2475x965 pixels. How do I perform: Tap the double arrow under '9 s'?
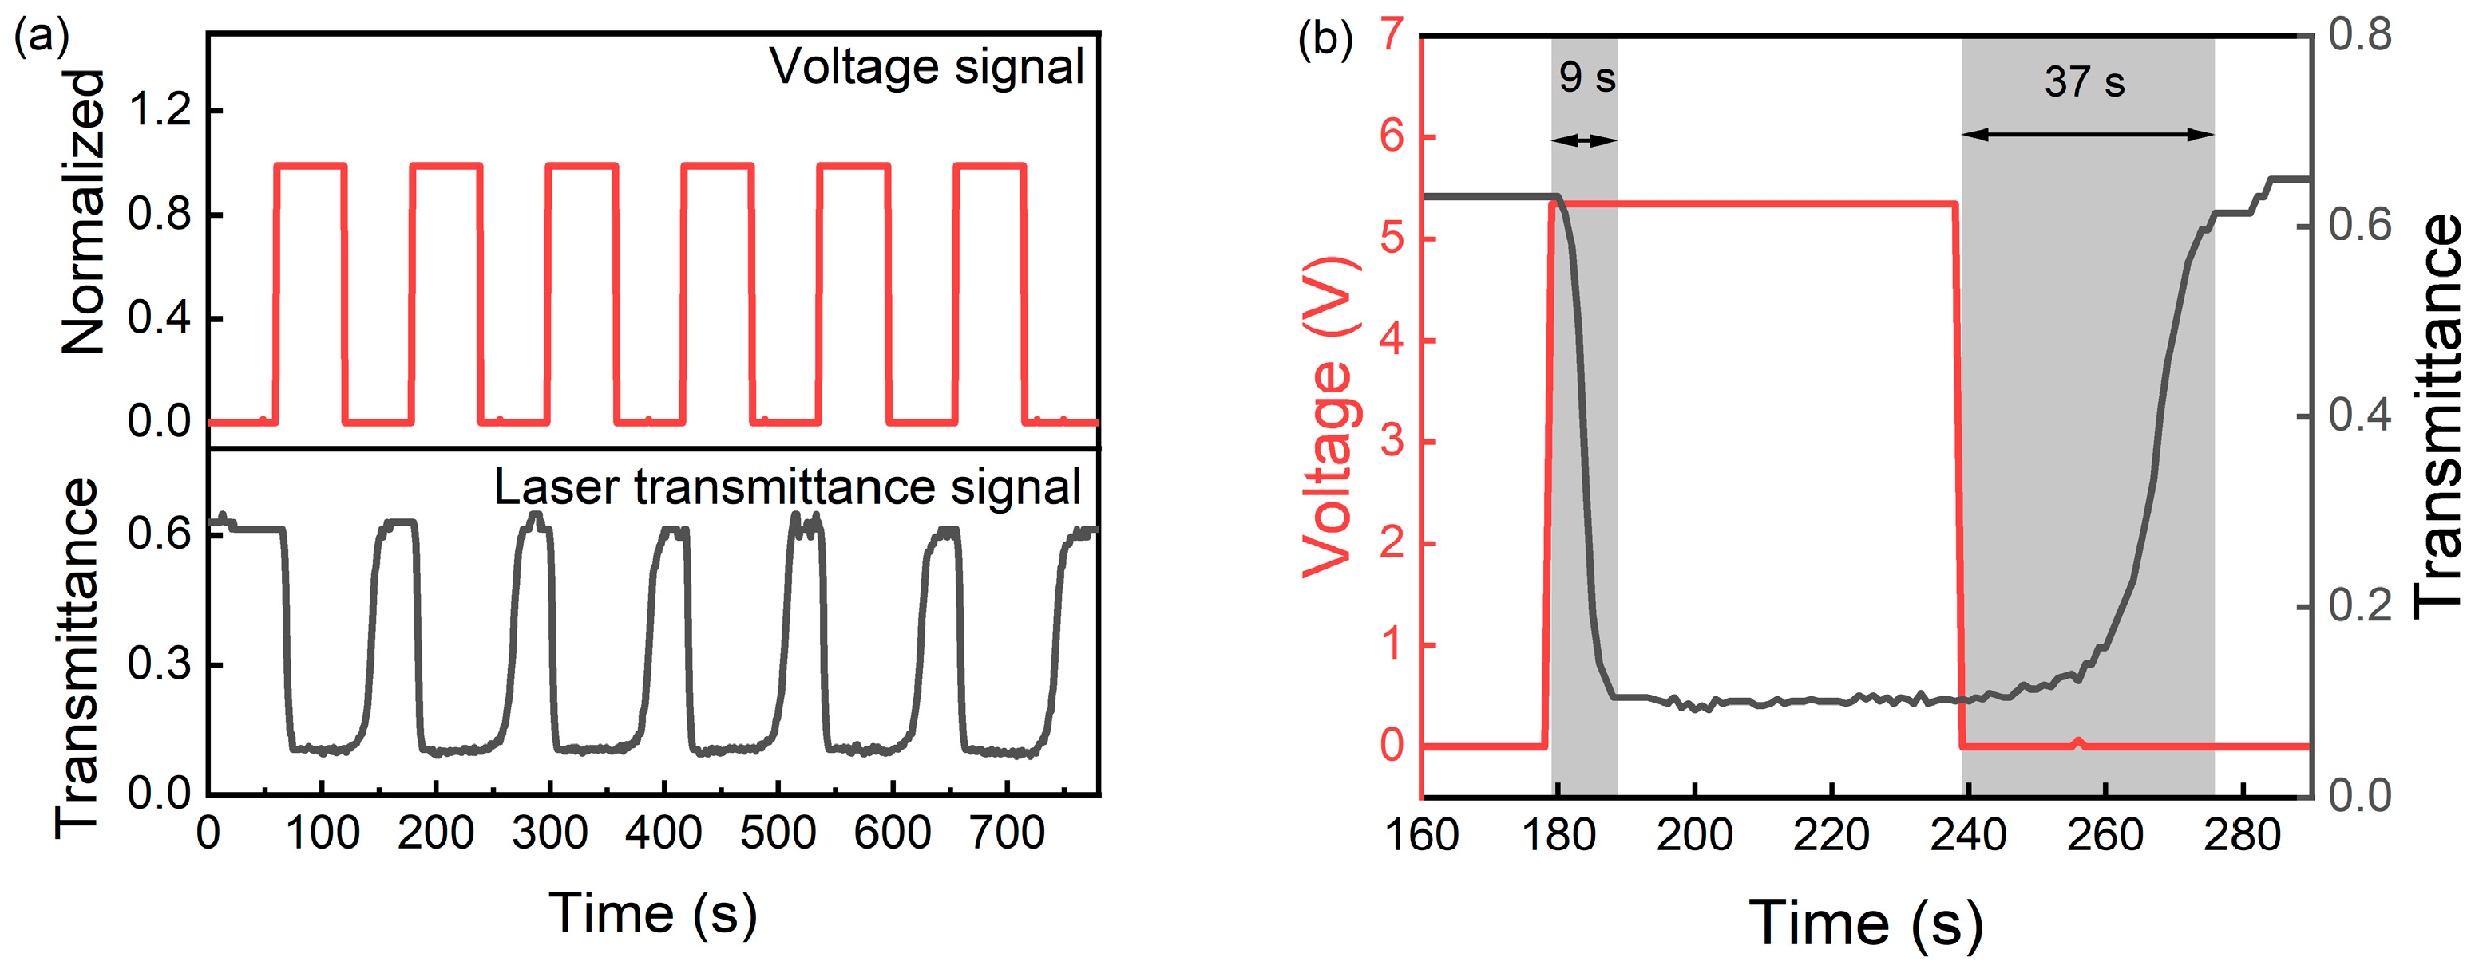(1583, 140)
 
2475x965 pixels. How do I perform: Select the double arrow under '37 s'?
(2087, 135)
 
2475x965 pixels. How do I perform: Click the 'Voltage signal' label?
(926, 67)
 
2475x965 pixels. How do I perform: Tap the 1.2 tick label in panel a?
(160, 110)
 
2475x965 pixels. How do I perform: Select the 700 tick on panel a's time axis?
(1006, 833)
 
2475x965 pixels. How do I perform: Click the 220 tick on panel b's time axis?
(1831, 833)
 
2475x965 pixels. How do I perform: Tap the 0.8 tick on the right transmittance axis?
(2360, 36)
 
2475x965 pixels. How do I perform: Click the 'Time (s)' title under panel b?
(1865, 923)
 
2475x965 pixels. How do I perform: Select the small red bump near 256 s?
(2078, 741)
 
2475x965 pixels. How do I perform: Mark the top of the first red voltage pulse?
(310, 166)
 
